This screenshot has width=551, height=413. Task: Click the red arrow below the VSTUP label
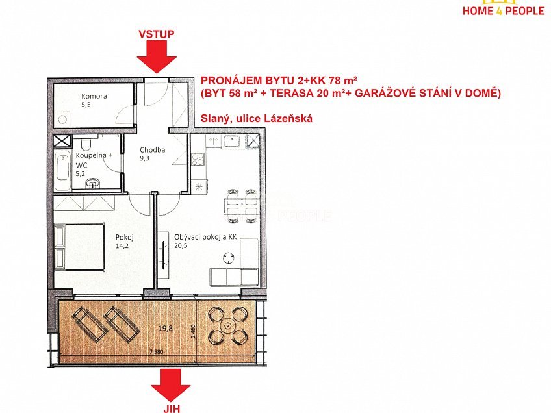[x=157, y=56]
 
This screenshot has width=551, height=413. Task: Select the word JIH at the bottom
[x=171, y=407]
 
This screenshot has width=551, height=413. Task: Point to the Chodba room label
[x=153, y=150]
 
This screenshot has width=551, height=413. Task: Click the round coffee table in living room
[x=227, y=258]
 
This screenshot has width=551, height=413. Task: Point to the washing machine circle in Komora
[x=62, y=119]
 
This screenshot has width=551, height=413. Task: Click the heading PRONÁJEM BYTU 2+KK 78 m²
[x=279, y=81]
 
